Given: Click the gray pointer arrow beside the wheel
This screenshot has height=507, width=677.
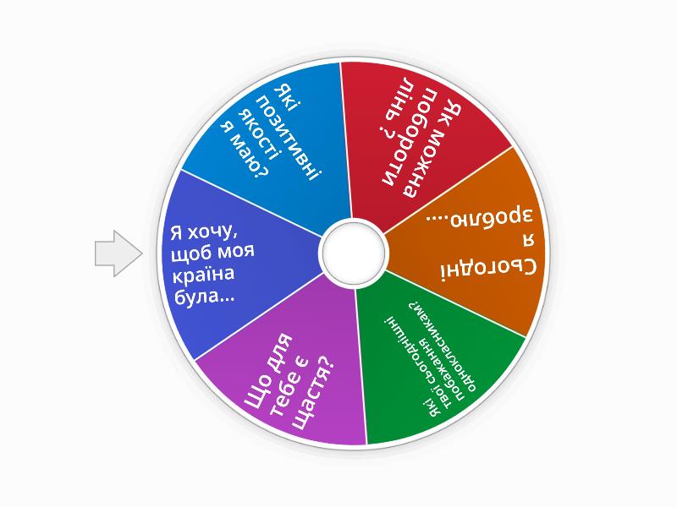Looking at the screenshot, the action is [x=118, y=253].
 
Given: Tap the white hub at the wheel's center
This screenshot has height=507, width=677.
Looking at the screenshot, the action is [x=354, y=253].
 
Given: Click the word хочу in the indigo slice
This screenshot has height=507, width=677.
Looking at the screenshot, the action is [x=212, y=233].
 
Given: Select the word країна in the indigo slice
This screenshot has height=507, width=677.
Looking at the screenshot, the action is [x=203, y=275].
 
